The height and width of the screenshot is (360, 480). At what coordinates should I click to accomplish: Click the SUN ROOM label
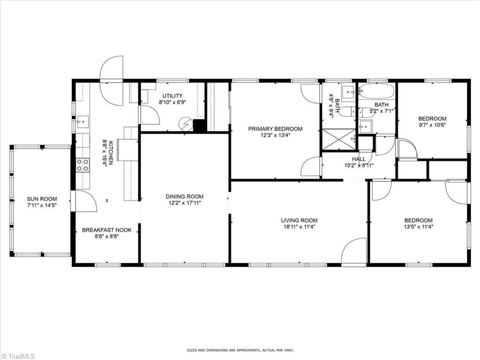click(x=42, y=199)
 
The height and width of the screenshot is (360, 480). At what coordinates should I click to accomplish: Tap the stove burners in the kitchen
click(x=83, y=165)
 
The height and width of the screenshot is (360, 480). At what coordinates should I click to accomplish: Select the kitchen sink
click(x=83, y=122)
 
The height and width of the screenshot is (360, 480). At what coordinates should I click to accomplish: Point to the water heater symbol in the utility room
click(x=186, y=124)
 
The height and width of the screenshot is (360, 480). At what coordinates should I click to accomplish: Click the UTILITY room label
click(x=172, y=96)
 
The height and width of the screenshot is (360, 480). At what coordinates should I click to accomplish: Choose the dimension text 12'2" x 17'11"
click(x=184, y=203)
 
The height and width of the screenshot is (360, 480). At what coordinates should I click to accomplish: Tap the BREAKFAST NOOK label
click(x=107, y=230)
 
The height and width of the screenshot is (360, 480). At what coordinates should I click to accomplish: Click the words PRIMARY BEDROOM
click(x=275, y=129)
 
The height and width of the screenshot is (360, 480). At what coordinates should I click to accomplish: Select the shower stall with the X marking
click(x=339, y=139)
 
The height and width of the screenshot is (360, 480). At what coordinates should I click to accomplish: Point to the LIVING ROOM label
click(x=299, y=220)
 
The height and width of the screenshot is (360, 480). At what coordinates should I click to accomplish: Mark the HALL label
click(x=358, y=159)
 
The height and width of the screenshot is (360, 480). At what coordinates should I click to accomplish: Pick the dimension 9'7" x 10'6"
click(x=432, y=125)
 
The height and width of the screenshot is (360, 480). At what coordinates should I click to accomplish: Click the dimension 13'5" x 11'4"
click(x=419, y=227)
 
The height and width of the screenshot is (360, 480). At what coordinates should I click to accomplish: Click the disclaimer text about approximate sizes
click(x=240, y=350)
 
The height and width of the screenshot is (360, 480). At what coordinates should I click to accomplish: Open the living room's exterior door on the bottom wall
click(x=354, y=252)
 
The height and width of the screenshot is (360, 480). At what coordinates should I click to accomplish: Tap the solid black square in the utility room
click(x=199, y=126)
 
